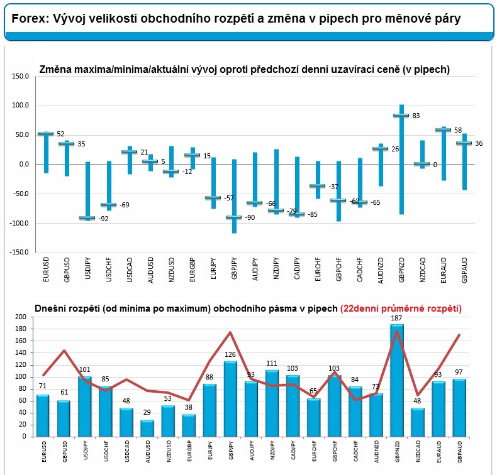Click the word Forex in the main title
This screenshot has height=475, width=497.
coord(30,18)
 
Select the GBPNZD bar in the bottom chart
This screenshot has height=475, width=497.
coord(397,380)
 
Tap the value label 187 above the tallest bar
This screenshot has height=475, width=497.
coord(396,318)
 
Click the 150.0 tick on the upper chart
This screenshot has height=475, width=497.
coord(21,76)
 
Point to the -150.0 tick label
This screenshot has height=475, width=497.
coord(20,252)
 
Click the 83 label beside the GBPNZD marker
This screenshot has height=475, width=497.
coord(416,116)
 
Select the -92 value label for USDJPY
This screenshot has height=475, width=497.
coord(103,219)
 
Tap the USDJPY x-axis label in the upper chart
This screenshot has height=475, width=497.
coord(88,268)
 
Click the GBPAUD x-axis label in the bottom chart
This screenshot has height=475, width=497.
coord(460,452)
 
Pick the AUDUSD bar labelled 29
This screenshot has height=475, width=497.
coord(147,429)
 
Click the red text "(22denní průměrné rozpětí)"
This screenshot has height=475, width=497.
coord(401,308)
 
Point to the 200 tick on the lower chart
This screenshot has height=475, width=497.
coord(21,317)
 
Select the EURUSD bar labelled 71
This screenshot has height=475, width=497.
coord(43,416)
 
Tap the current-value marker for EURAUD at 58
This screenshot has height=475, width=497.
coord(443,130)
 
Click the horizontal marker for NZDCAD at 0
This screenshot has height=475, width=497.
coord(422,164)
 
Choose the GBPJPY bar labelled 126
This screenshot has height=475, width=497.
coord(230,399)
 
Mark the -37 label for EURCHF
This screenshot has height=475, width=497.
coord(333,187)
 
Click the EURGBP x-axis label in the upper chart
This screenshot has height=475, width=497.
coord(193,270)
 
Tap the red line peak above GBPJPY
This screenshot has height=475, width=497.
coord(230,332)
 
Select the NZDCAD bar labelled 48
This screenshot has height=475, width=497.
coord(418,422)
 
